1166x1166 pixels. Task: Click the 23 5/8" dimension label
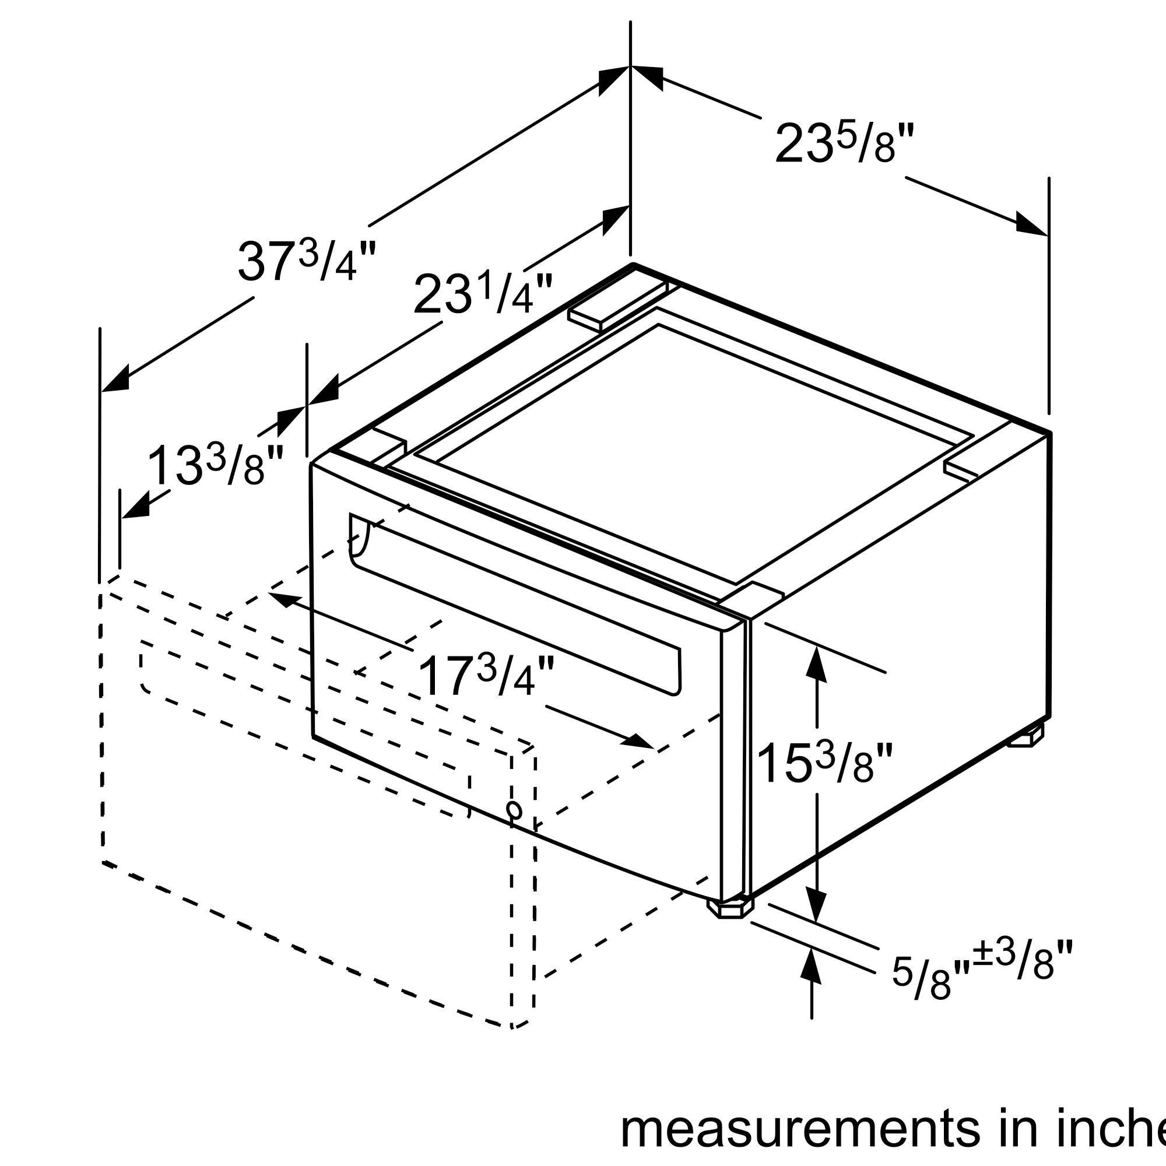[x=844, y=143]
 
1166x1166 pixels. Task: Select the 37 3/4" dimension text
[x=307, y=261]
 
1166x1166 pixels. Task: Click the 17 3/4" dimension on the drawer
[x=484, y=676]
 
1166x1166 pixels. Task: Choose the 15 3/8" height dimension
[x=823, y=763]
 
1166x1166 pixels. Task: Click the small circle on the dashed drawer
[x=514, y=810]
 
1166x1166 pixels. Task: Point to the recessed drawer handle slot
[x=516, y=603]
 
